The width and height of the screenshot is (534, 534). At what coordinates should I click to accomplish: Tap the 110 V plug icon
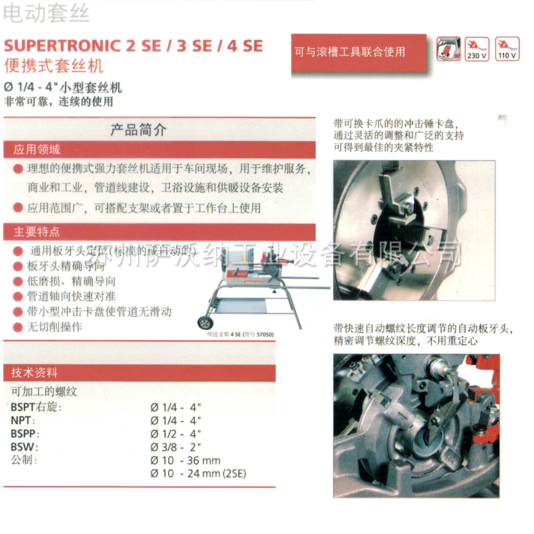click(x=507, y=49)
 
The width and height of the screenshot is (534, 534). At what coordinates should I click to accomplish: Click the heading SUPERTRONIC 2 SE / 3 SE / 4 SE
click(x=133, y=46)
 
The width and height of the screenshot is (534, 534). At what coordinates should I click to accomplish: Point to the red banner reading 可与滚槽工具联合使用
click(x=350, y=51)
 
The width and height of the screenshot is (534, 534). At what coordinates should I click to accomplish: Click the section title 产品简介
click(x=138, y=130)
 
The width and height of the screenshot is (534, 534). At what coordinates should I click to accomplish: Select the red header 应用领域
click(x=37, y=150)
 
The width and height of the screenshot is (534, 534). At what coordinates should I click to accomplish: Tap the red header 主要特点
click(x=37, y=232)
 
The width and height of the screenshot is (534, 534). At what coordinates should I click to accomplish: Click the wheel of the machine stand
click(x=204, y=322)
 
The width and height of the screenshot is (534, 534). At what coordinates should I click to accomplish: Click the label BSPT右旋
click(x=36, y=407)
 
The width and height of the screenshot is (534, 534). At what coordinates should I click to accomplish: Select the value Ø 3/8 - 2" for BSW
click(x=176, y=447)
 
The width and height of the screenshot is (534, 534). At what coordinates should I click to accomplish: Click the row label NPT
click(x=23, y=421)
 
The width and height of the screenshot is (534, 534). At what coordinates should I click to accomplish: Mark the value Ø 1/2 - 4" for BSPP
click(x=176, y=433)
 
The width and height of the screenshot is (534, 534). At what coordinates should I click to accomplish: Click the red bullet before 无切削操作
click(x=18, y=327)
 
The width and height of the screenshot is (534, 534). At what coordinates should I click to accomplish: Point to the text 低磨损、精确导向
click(x=71, y=281)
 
